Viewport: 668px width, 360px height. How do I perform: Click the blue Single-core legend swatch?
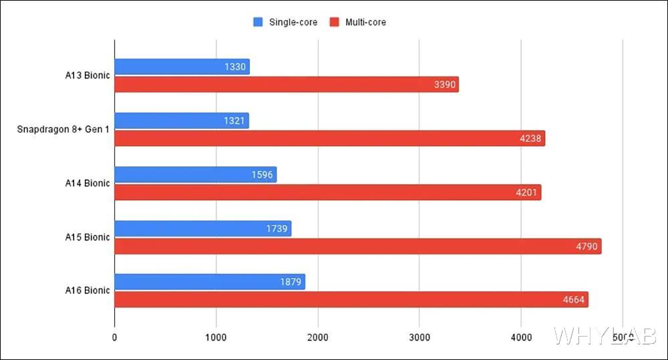click(258, 22)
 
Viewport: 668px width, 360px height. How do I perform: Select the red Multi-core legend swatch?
click(335, 22)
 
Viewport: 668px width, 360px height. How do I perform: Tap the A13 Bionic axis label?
click(83, 75)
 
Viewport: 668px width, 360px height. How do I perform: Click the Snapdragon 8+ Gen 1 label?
click(63, 129)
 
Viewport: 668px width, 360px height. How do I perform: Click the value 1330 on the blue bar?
click(236, 67)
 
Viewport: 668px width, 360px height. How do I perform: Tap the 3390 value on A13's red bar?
click(445, 85)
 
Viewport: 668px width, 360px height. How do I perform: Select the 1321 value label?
click(235, 121)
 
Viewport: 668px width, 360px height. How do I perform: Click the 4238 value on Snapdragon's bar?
click(532, 139)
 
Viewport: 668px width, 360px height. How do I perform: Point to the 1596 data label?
click(263, 175)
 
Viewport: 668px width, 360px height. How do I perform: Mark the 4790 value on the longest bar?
click(588, 246)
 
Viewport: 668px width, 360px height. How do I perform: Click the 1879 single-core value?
click(291, 283)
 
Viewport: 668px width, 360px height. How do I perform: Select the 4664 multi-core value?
click(574, 300)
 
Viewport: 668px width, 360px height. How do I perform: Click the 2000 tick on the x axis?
click(318, 338)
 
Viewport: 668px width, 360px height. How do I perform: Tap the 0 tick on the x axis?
click(115, 338)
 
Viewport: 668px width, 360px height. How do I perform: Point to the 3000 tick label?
click(420, 338)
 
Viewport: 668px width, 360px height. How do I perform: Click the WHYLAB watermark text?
click(605, 335)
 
